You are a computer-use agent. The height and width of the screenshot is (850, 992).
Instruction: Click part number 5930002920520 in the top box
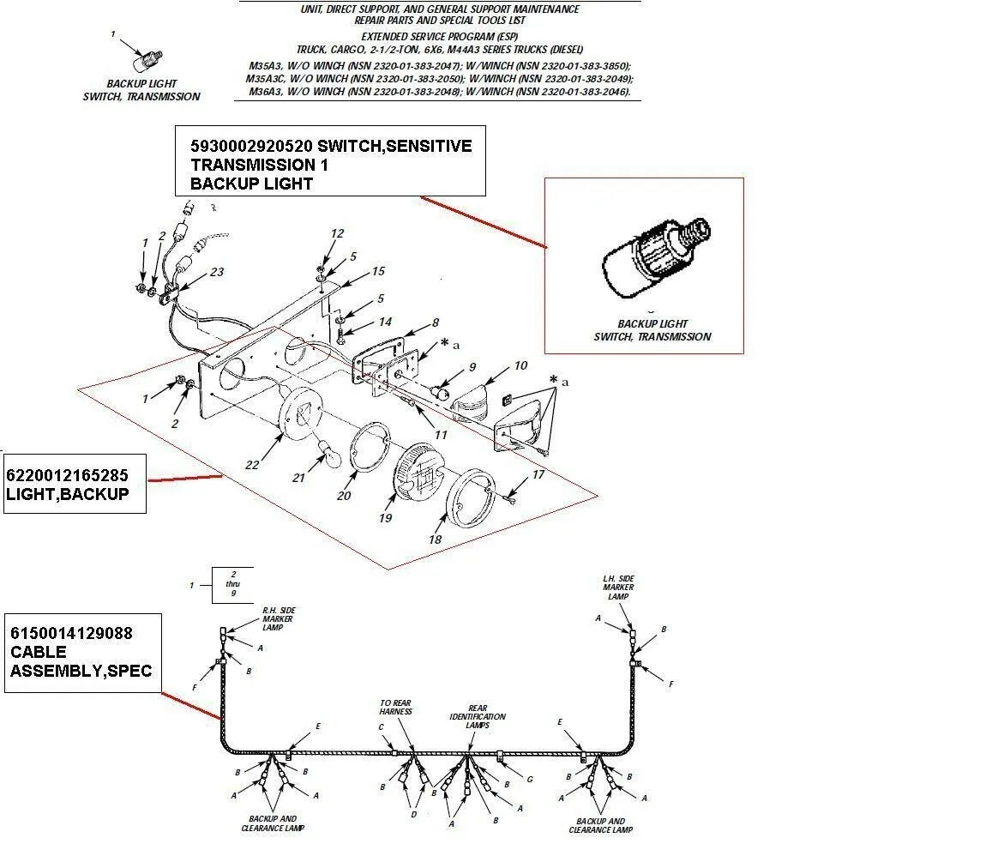point(247,146)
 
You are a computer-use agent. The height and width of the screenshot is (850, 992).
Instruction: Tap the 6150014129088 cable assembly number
point(72,633)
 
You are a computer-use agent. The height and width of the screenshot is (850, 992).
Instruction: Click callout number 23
point(217,272)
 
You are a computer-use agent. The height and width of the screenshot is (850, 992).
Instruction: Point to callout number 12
point(337,233)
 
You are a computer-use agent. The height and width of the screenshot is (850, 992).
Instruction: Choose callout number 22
point(252,464)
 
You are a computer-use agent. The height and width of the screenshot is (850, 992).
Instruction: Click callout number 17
point(538,473)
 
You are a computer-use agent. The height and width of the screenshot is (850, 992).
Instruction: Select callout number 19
point(385,517)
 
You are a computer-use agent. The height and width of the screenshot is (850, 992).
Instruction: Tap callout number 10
point(520,366)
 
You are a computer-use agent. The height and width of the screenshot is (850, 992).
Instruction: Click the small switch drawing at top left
point(147,60)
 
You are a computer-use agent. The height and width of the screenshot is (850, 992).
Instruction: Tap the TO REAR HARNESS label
point(396,708)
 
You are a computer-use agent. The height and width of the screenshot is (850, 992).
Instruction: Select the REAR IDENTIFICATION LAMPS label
point(478,717)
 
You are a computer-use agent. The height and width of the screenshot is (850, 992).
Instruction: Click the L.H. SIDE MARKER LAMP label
point(618,588)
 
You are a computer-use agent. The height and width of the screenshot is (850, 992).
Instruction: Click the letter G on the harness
point(530,779)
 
